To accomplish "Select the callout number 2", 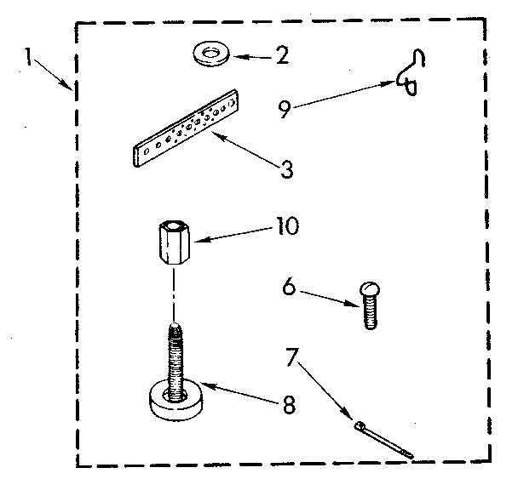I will click(282, 57).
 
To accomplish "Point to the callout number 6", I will click(290, 288).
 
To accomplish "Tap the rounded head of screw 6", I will click(369, 290).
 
